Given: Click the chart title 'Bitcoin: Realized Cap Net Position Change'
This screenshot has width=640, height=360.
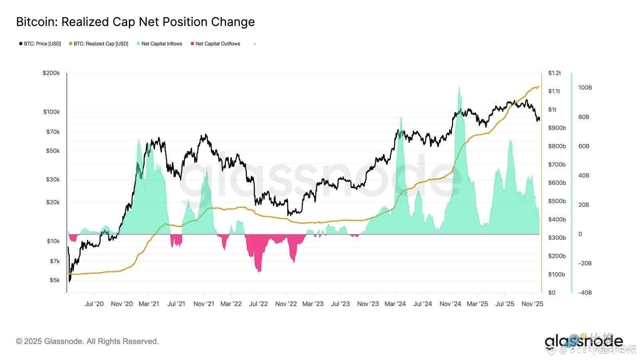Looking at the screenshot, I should (135, 22).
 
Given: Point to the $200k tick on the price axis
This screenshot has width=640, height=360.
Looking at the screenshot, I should (51, 73).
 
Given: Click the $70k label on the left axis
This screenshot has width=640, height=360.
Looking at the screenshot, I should (53, 132).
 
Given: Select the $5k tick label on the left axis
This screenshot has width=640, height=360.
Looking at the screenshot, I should (54, 280).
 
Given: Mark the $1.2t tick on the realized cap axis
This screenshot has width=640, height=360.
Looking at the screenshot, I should (554, 73).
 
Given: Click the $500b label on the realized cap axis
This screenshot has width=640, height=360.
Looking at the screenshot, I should (557, 201).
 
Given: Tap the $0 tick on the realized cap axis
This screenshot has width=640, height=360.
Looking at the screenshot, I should (552, 293).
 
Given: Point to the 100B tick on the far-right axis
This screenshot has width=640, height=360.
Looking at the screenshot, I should (585, 88).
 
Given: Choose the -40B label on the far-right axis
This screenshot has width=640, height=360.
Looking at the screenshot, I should (585, 293).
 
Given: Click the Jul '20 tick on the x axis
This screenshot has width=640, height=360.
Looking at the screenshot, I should (94, 304).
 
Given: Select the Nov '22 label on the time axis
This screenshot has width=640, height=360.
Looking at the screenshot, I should (286, 304).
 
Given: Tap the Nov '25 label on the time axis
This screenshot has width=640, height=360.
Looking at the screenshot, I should (532, 304).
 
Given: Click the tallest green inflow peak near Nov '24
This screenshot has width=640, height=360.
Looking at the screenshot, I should (459, 88).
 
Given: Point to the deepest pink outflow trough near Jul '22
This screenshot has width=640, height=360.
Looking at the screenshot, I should (259, 272).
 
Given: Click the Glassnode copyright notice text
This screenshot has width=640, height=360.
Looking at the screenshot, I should (87, 342).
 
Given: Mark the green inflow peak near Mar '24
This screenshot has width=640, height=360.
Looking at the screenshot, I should (400, 118).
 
